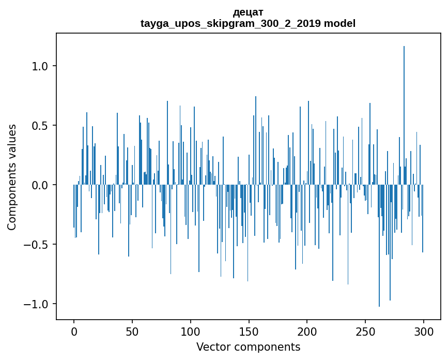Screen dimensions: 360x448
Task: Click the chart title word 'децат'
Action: pyautogui.click(x=248, y=12)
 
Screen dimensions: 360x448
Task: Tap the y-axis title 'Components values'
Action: pyautogui.click(x=12, y=177)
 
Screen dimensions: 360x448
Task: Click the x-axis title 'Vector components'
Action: pyautogui.click(x=248, y=347)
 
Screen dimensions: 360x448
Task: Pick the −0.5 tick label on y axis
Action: pyautogui.click(x=36, y=244)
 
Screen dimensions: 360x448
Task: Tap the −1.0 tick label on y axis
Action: pyautogui.click(x=36, y=304)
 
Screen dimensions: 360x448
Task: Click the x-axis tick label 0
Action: pyautogui.click(x=74, y=331)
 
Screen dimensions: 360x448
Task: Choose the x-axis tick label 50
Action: pyautogui.click(x=132, y=331)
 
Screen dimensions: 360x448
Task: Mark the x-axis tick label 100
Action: pyautogui.click(x=191, y=331)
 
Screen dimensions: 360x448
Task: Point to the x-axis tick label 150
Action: pyautogui.click(x=249, y=331)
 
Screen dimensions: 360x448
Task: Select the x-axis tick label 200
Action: pyautogui.click(x=307, y=331)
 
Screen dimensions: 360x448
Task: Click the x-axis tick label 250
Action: pyautogui.click(x=365, y=331)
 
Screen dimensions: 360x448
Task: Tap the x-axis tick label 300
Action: pyautogui.click(x=424, y=331)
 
